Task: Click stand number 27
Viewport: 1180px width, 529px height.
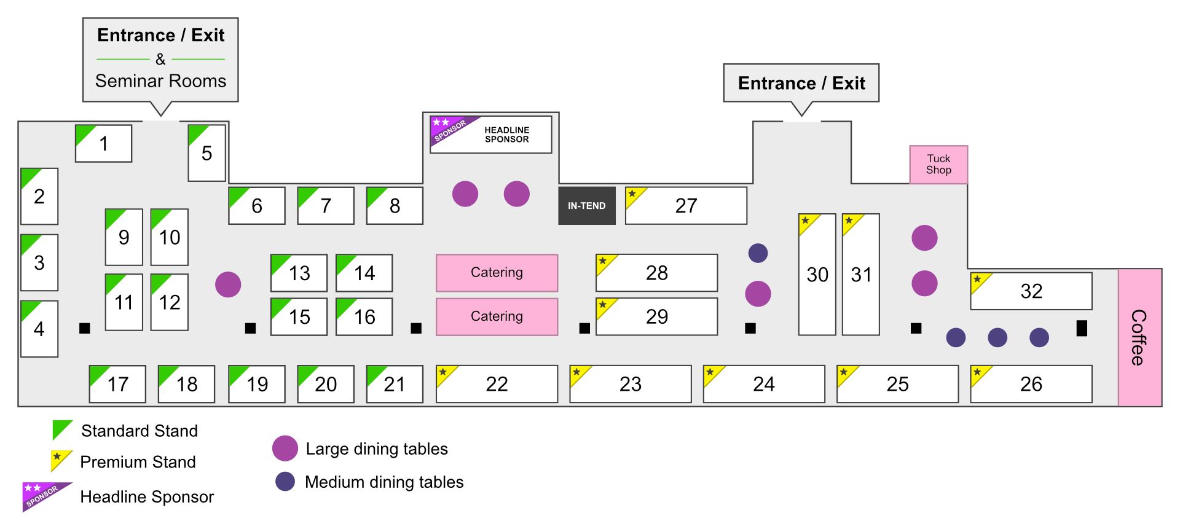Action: [686, 206]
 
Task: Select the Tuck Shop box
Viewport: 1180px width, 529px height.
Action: [938, 165]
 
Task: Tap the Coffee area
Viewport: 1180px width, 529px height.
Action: [1140, 337]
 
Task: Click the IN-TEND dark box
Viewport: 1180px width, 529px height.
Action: [587, 206]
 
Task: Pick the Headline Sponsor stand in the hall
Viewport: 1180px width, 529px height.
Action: [491, 135]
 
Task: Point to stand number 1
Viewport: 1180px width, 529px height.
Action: [103, 144]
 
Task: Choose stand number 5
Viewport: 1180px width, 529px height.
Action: [206, 153]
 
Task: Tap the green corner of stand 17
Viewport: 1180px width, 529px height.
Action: [97, 374]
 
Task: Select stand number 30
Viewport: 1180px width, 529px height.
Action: [817, 275]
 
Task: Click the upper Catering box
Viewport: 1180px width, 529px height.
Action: [497, 273]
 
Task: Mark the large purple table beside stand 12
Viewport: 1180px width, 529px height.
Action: [228, 284]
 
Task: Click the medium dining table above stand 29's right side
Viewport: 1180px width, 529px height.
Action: [758, 253]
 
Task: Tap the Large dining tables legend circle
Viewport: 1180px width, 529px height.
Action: [285, 449]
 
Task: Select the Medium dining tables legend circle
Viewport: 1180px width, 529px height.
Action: [285, 482]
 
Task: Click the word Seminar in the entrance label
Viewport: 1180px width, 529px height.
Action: [129, 81]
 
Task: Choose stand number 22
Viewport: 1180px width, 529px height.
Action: [497, 384]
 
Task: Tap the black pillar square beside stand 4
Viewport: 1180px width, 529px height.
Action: [85, 328]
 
